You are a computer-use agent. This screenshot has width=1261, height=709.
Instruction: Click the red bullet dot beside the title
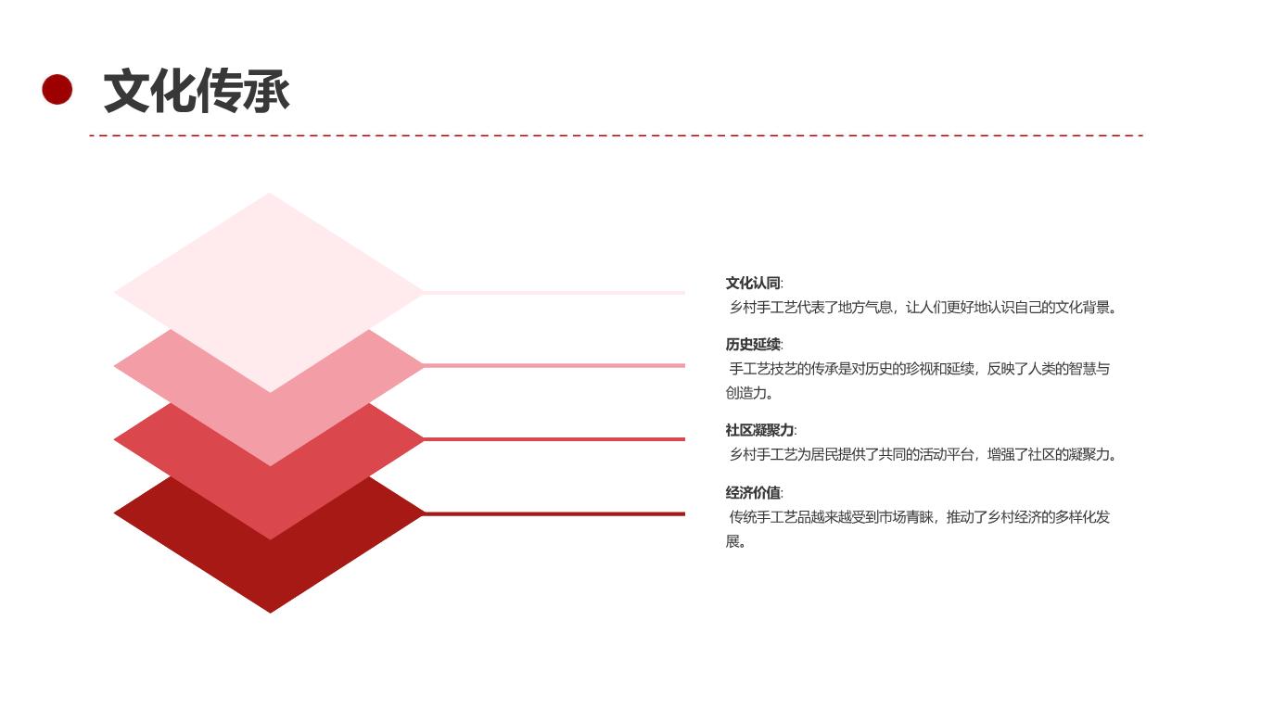(x=57, y=89)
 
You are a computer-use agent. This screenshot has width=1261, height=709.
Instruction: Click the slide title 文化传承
(x=197, y=90)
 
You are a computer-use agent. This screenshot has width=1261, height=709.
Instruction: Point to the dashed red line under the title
(x=616, y=135)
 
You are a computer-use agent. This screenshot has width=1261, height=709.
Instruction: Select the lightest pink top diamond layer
(x=269, y=293)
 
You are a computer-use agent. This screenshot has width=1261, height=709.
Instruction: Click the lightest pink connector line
(x=554, y=293)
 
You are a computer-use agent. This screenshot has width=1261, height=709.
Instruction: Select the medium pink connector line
(x=554, y=366)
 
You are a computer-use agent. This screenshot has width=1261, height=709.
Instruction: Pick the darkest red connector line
(x=554, y=513)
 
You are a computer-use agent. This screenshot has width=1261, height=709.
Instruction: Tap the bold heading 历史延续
(x=753, y=345)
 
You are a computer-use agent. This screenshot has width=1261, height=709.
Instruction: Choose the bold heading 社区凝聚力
(x=759, y=430)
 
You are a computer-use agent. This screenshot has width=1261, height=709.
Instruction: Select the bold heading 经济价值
(x=753, y=493)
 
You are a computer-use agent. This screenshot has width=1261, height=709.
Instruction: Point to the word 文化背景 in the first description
(x=1082, y=308)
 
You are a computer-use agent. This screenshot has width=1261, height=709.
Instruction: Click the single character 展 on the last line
(x=732, y=541)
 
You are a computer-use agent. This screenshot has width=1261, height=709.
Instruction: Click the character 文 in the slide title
(x=127, y=90)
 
